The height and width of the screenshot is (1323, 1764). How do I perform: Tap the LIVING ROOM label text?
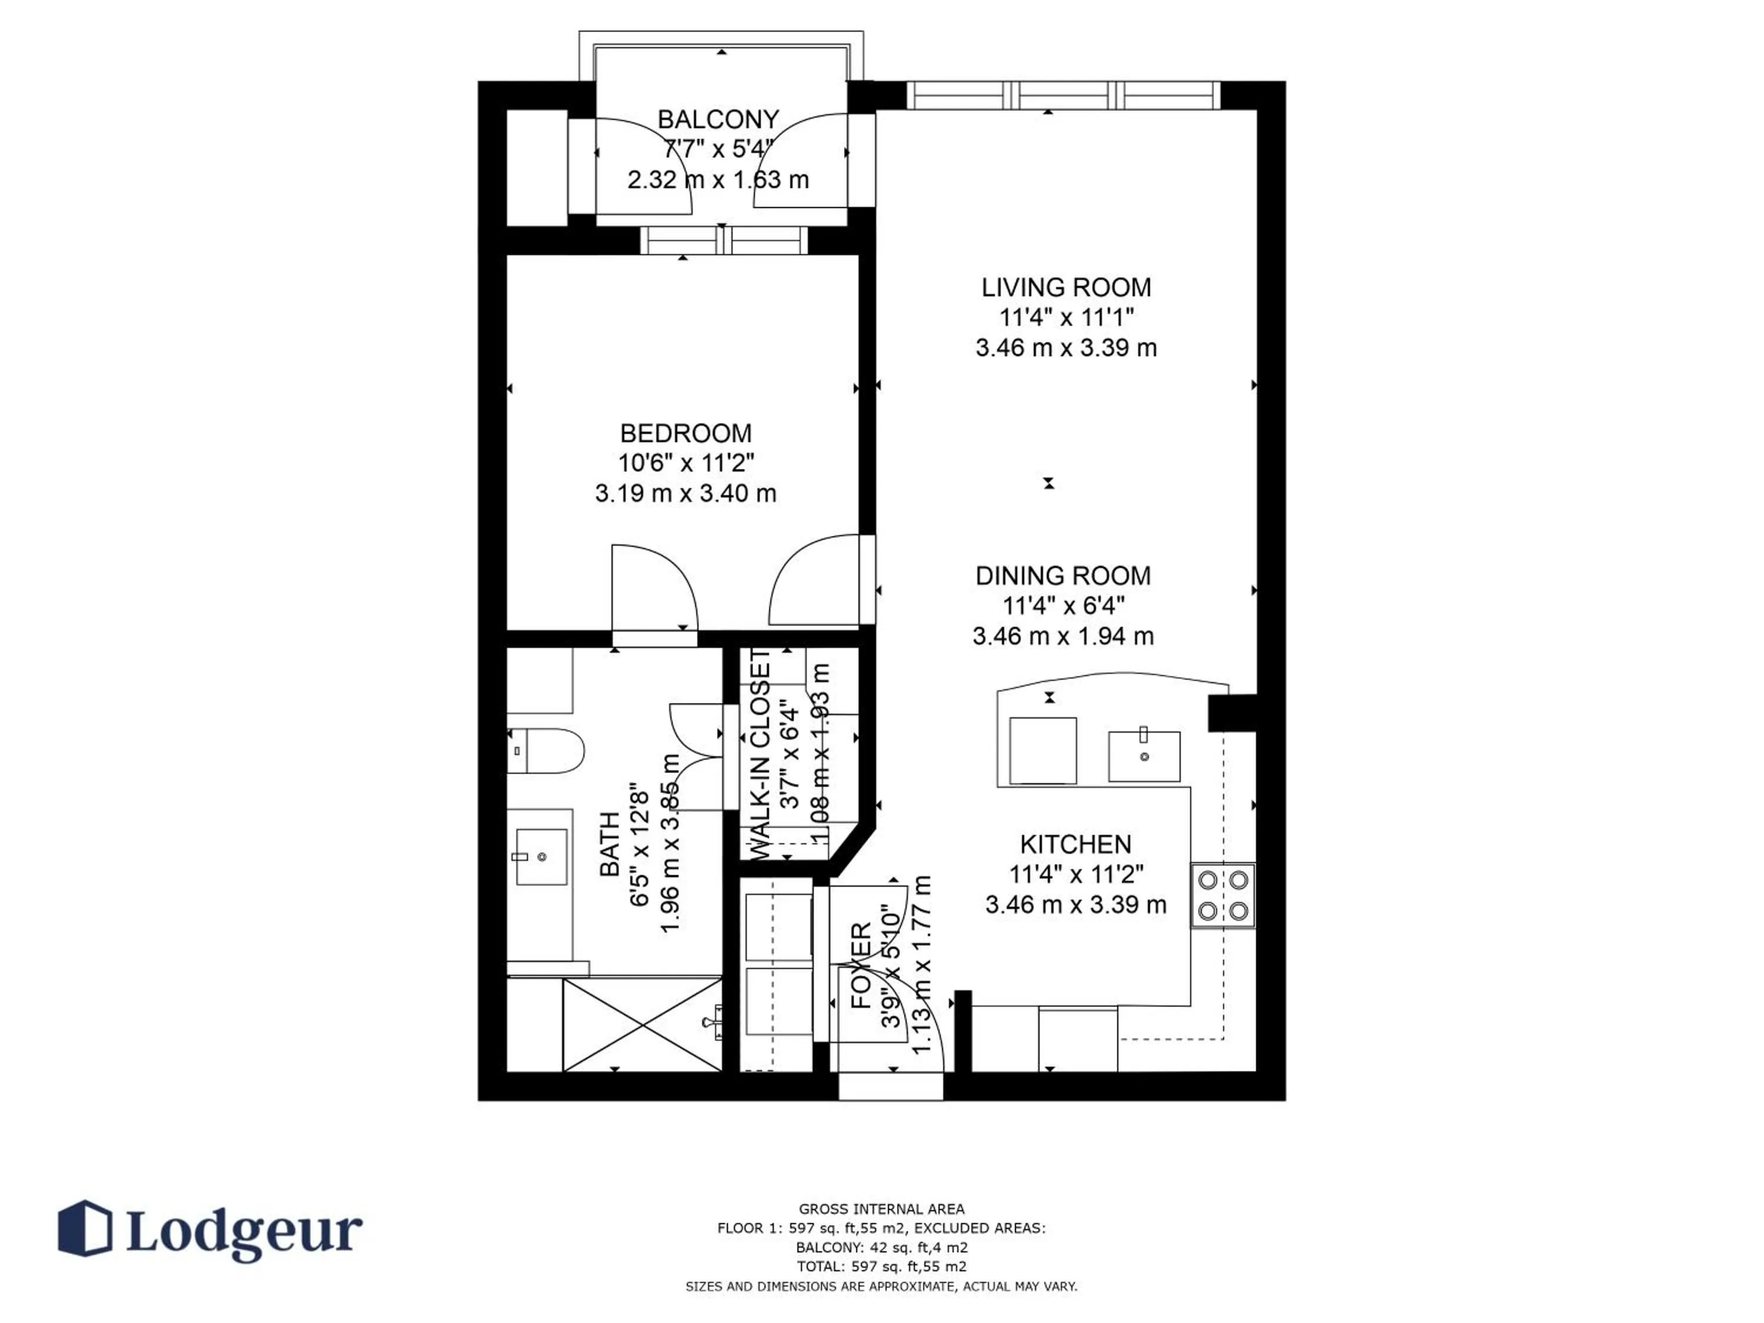pyautogui.click(x=1065, y=287)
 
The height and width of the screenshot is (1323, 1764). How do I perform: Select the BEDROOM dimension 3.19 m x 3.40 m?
pyautogui.click(x=685, y=494)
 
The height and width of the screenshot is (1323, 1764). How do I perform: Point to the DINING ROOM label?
pyautogui.click(x=1063, y=576)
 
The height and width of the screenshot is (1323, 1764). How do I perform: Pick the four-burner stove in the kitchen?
pyautogui.click(x=1222, y=895)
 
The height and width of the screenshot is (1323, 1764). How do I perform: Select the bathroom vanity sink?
pyautogui.click(x=542, y=857)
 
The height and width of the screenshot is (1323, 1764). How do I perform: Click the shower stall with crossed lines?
pyautogui.click(x=641, y=1025)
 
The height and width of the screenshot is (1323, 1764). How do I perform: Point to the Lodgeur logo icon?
pyautogui.click(x=85, y=1228)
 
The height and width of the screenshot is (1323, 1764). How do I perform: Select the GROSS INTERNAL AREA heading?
pyautogui.click(x=881, y=1209)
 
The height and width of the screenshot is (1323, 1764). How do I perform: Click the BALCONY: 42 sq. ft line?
pyautogui.click(x=881, y=1247)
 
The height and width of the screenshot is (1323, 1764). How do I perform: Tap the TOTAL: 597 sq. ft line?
pyautogui.click(x=881, y=1267)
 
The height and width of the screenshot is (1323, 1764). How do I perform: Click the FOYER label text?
pyautogui.click(x=861, y=965)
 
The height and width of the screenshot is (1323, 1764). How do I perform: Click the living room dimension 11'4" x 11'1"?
pyautogui.click(x=1065, y=318)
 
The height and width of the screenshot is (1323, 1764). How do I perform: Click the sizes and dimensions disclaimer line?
pyautogui.click(x=881, y=1287)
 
